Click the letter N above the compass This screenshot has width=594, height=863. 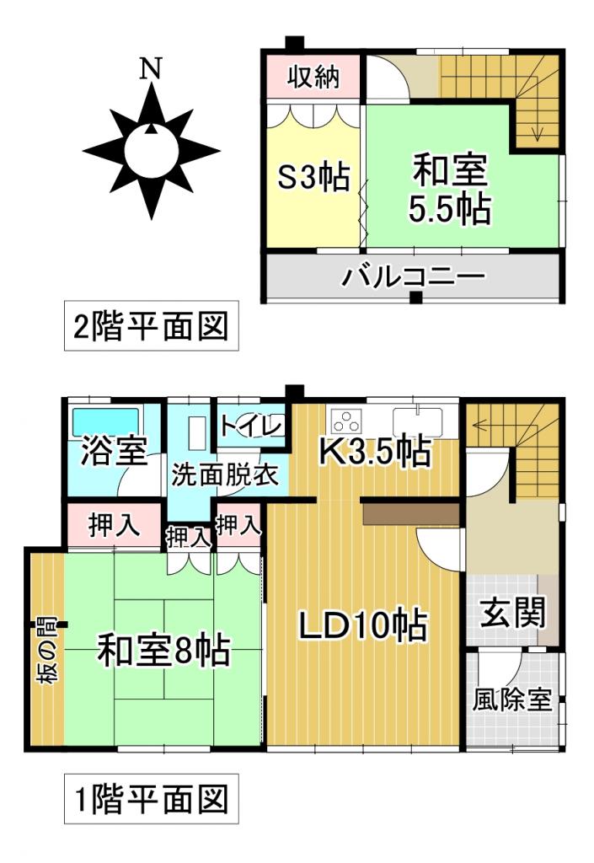[151, 69]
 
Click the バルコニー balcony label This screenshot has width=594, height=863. [413, 276]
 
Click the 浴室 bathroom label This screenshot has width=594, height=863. [114, 453]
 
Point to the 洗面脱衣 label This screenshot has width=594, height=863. [225, 474]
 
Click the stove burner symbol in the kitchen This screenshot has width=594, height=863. [346, 419]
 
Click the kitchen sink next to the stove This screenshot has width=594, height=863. [417, 419]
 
